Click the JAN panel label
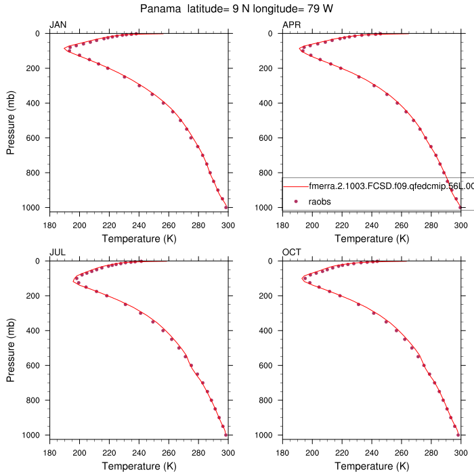pyautogui.click(x=58, y=26)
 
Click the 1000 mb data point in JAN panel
pyautogui.click(x=225, y=207)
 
